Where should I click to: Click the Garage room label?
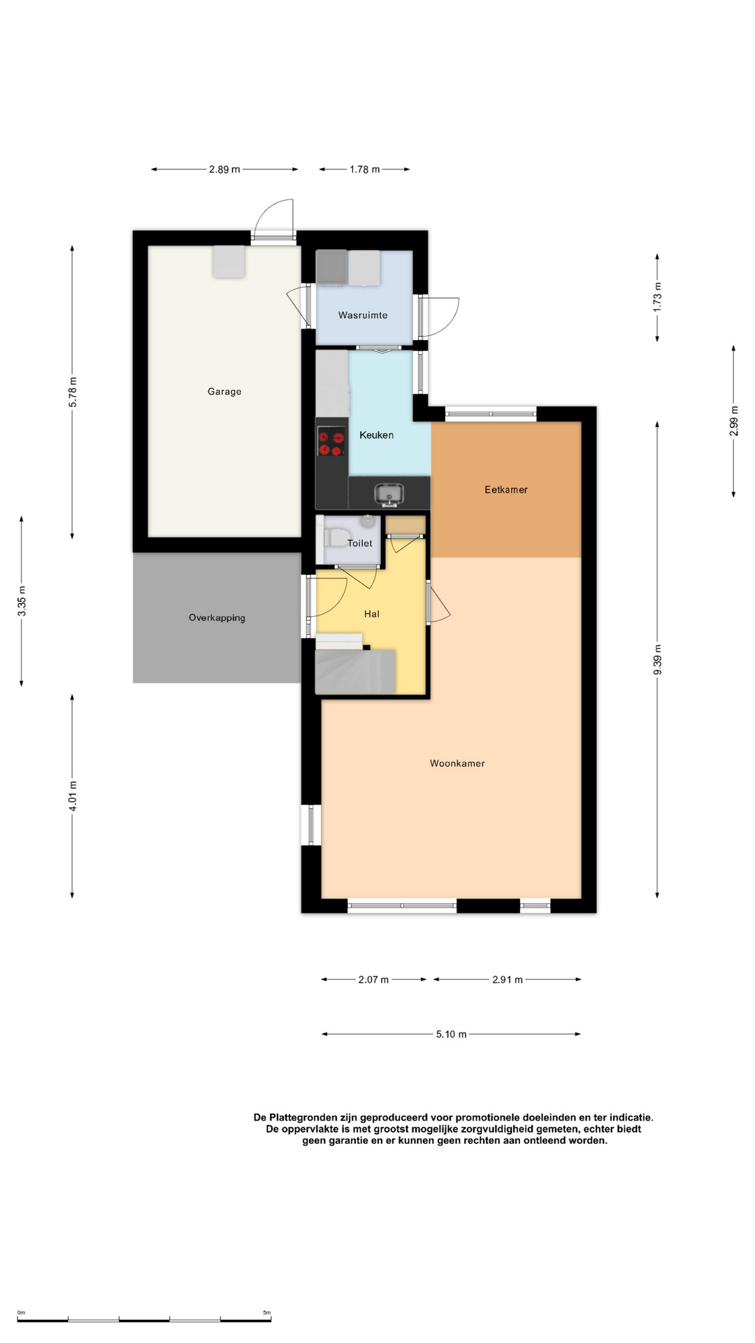[x=224, y=392]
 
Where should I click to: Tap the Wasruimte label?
[x=363, y=315]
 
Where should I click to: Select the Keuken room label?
[x=376, y=435]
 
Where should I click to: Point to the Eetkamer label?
[x=506, y=490]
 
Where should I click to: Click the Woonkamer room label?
[x=457, y=763]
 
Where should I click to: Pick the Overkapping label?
[x=217, y=618]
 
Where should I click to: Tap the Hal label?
[x=372, y=614]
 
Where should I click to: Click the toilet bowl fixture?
[x=336, y=537]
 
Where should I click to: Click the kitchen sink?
[x=389, y=494]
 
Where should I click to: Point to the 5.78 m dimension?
[x=73, y=392]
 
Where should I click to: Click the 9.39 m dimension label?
[x=657, y=660]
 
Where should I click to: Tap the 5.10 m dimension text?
[x=451, y=1034]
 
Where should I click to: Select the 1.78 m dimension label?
[x=365, y=169]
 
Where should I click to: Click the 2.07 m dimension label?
[x=373, y=979]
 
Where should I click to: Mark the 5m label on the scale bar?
[x=266, y=1313]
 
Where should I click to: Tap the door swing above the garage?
[x=273, y=218]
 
